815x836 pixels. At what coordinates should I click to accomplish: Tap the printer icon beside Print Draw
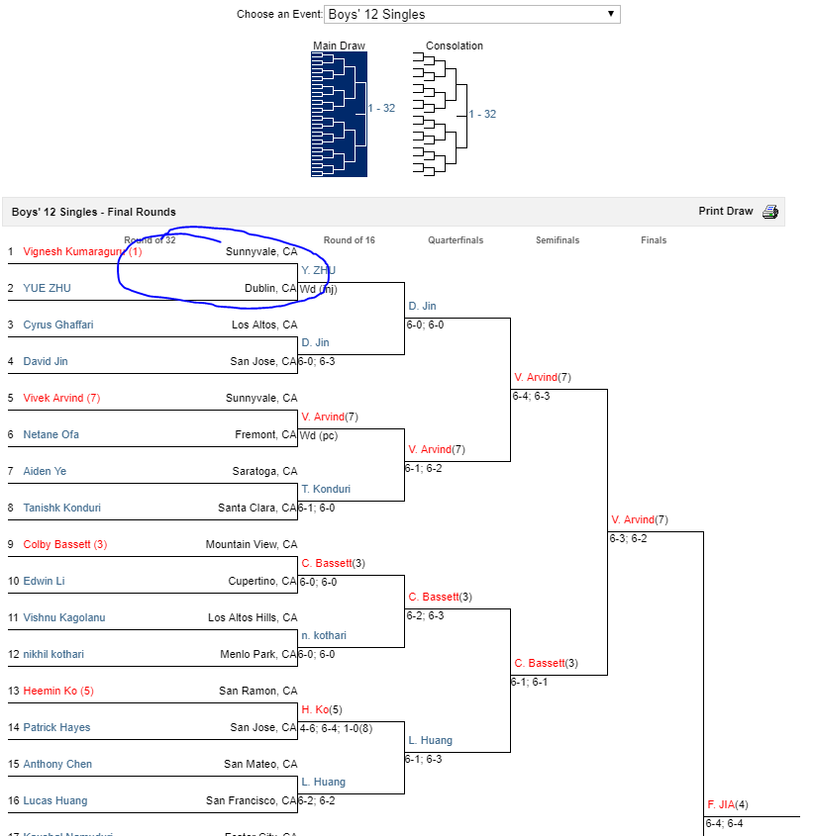(x=770, y=212)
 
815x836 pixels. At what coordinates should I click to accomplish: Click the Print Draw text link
(x=726, y=212)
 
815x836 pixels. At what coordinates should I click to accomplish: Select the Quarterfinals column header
(x=456, y=240)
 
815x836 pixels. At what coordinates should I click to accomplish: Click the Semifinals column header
(x=558, y=240)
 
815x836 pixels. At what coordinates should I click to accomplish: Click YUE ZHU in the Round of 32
(x=47, y=289)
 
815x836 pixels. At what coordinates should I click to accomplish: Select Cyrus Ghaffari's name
(x=58, y=325)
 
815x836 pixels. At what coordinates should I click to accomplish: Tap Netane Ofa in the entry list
(x=51, y=435)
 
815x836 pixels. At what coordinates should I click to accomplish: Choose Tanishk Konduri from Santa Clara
(x=61, y=509)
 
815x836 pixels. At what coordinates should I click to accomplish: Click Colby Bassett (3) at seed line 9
(x=64, y=545)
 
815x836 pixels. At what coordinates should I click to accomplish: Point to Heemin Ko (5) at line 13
(x=58, y=692)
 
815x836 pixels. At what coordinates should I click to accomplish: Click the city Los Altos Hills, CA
(x=253, y=618)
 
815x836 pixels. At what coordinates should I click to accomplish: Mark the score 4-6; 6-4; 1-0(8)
(x=336, y=728)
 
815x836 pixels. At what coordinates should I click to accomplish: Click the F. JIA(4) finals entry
(x=728, y=805)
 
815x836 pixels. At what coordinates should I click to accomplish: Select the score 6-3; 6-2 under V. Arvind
(x=629, y=539)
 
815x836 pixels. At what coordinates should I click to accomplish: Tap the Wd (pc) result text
(x=319, y=435)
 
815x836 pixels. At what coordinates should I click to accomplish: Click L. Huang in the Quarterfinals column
(x=431, y=741)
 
